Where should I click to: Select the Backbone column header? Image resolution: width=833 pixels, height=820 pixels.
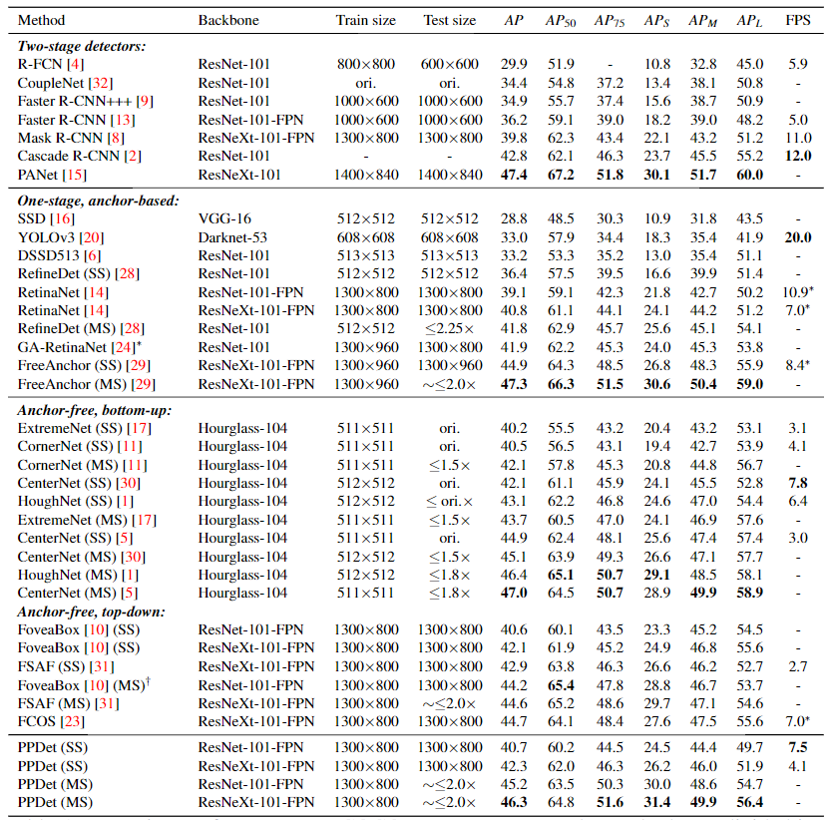tap(228, 20)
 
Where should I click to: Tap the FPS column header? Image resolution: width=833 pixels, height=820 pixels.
tap(797, 20)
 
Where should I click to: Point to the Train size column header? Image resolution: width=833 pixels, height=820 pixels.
tap(365, 20)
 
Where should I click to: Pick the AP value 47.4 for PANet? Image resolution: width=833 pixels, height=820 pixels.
tap(515, 174)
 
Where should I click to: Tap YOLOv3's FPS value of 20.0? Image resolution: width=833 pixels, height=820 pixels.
tap(797, 236)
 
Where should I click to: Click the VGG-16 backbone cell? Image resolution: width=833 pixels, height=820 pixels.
tap(224, 218)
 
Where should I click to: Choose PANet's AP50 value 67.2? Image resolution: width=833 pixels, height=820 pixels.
tap(560, 174)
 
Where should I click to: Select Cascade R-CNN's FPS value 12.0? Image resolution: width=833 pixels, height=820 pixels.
tap(797, 156)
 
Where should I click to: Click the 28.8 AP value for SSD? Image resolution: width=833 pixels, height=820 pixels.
tap(514, 218)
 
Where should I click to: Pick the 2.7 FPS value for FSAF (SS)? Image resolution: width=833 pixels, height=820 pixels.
tap(797, 665)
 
